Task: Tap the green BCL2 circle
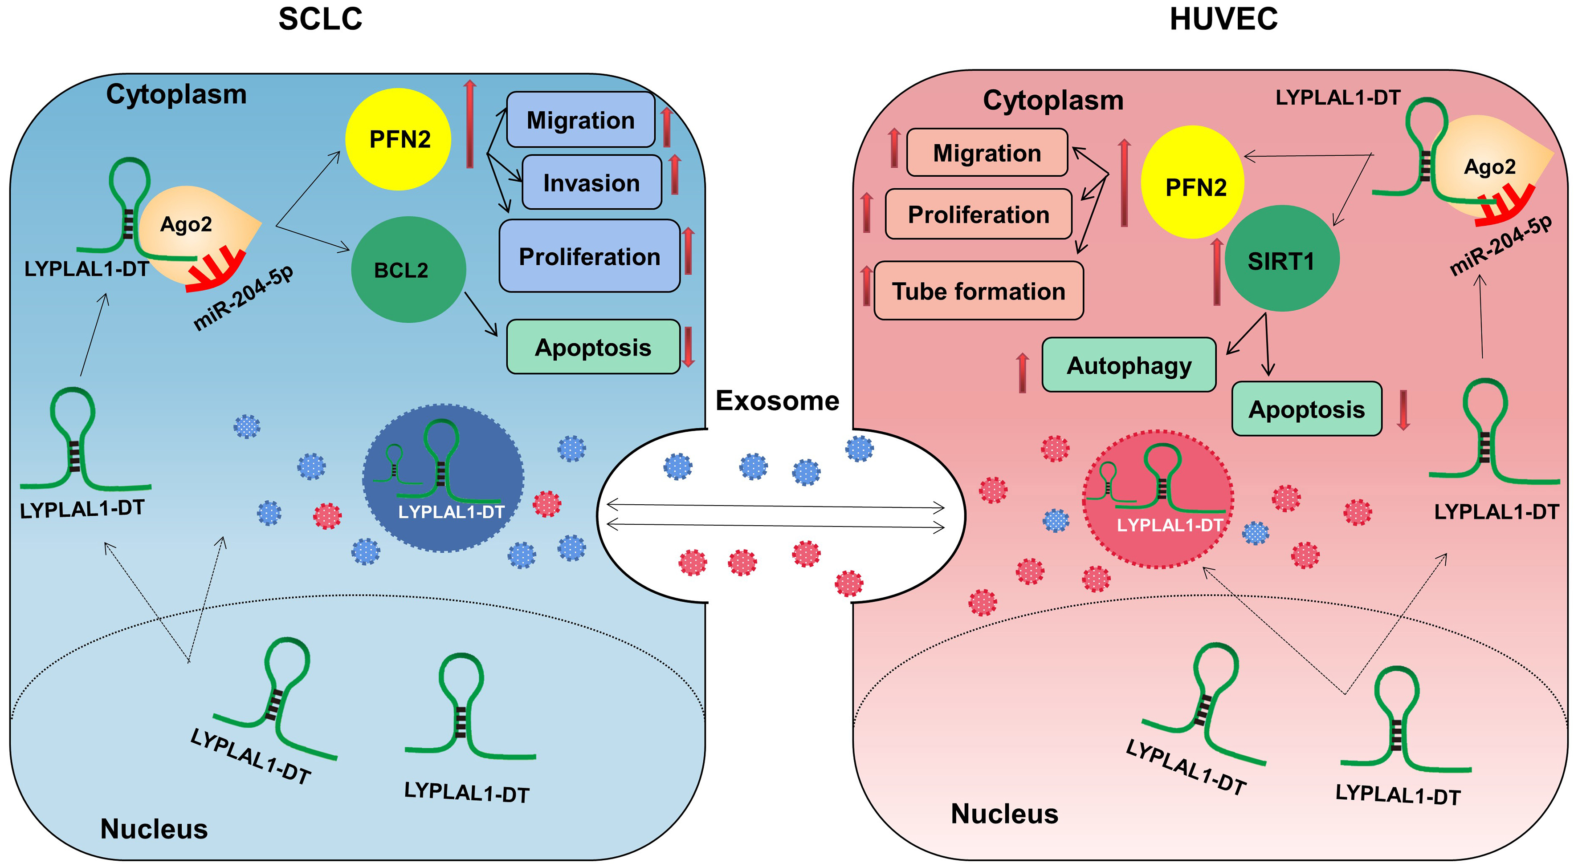(408, 269)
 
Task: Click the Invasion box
(591, 182)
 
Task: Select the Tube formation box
(978, 291)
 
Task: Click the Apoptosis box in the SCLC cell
(592, 347)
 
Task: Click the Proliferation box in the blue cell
(589, 256)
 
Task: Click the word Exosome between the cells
(777, 401)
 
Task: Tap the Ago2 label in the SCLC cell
(186, 224)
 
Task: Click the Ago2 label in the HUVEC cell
(1489, 166)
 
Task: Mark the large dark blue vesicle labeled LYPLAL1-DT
(443, 478)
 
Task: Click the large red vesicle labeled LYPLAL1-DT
(1158, 499)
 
